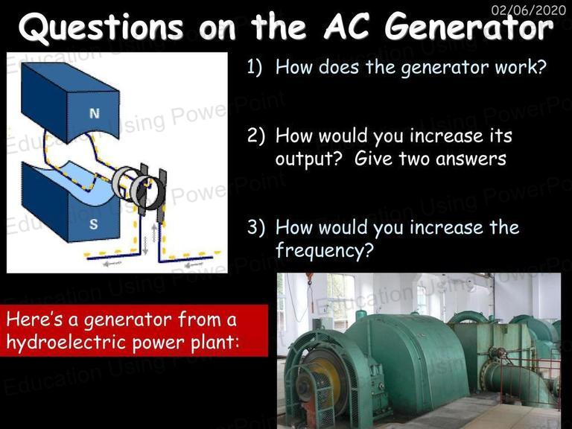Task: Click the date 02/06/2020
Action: (528, 10)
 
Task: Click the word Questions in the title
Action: (101, 28)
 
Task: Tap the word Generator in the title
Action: (469, 27)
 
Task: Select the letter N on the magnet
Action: (94, 113)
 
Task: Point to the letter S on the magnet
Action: (93, 224)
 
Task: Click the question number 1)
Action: (255, 67)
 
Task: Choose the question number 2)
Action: (256, 136)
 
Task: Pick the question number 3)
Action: (256, 227)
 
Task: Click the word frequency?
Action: (325, 250)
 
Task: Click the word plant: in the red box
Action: (215, 343)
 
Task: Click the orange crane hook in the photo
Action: (310, 276)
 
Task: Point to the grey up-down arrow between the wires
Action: (145, 246)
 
